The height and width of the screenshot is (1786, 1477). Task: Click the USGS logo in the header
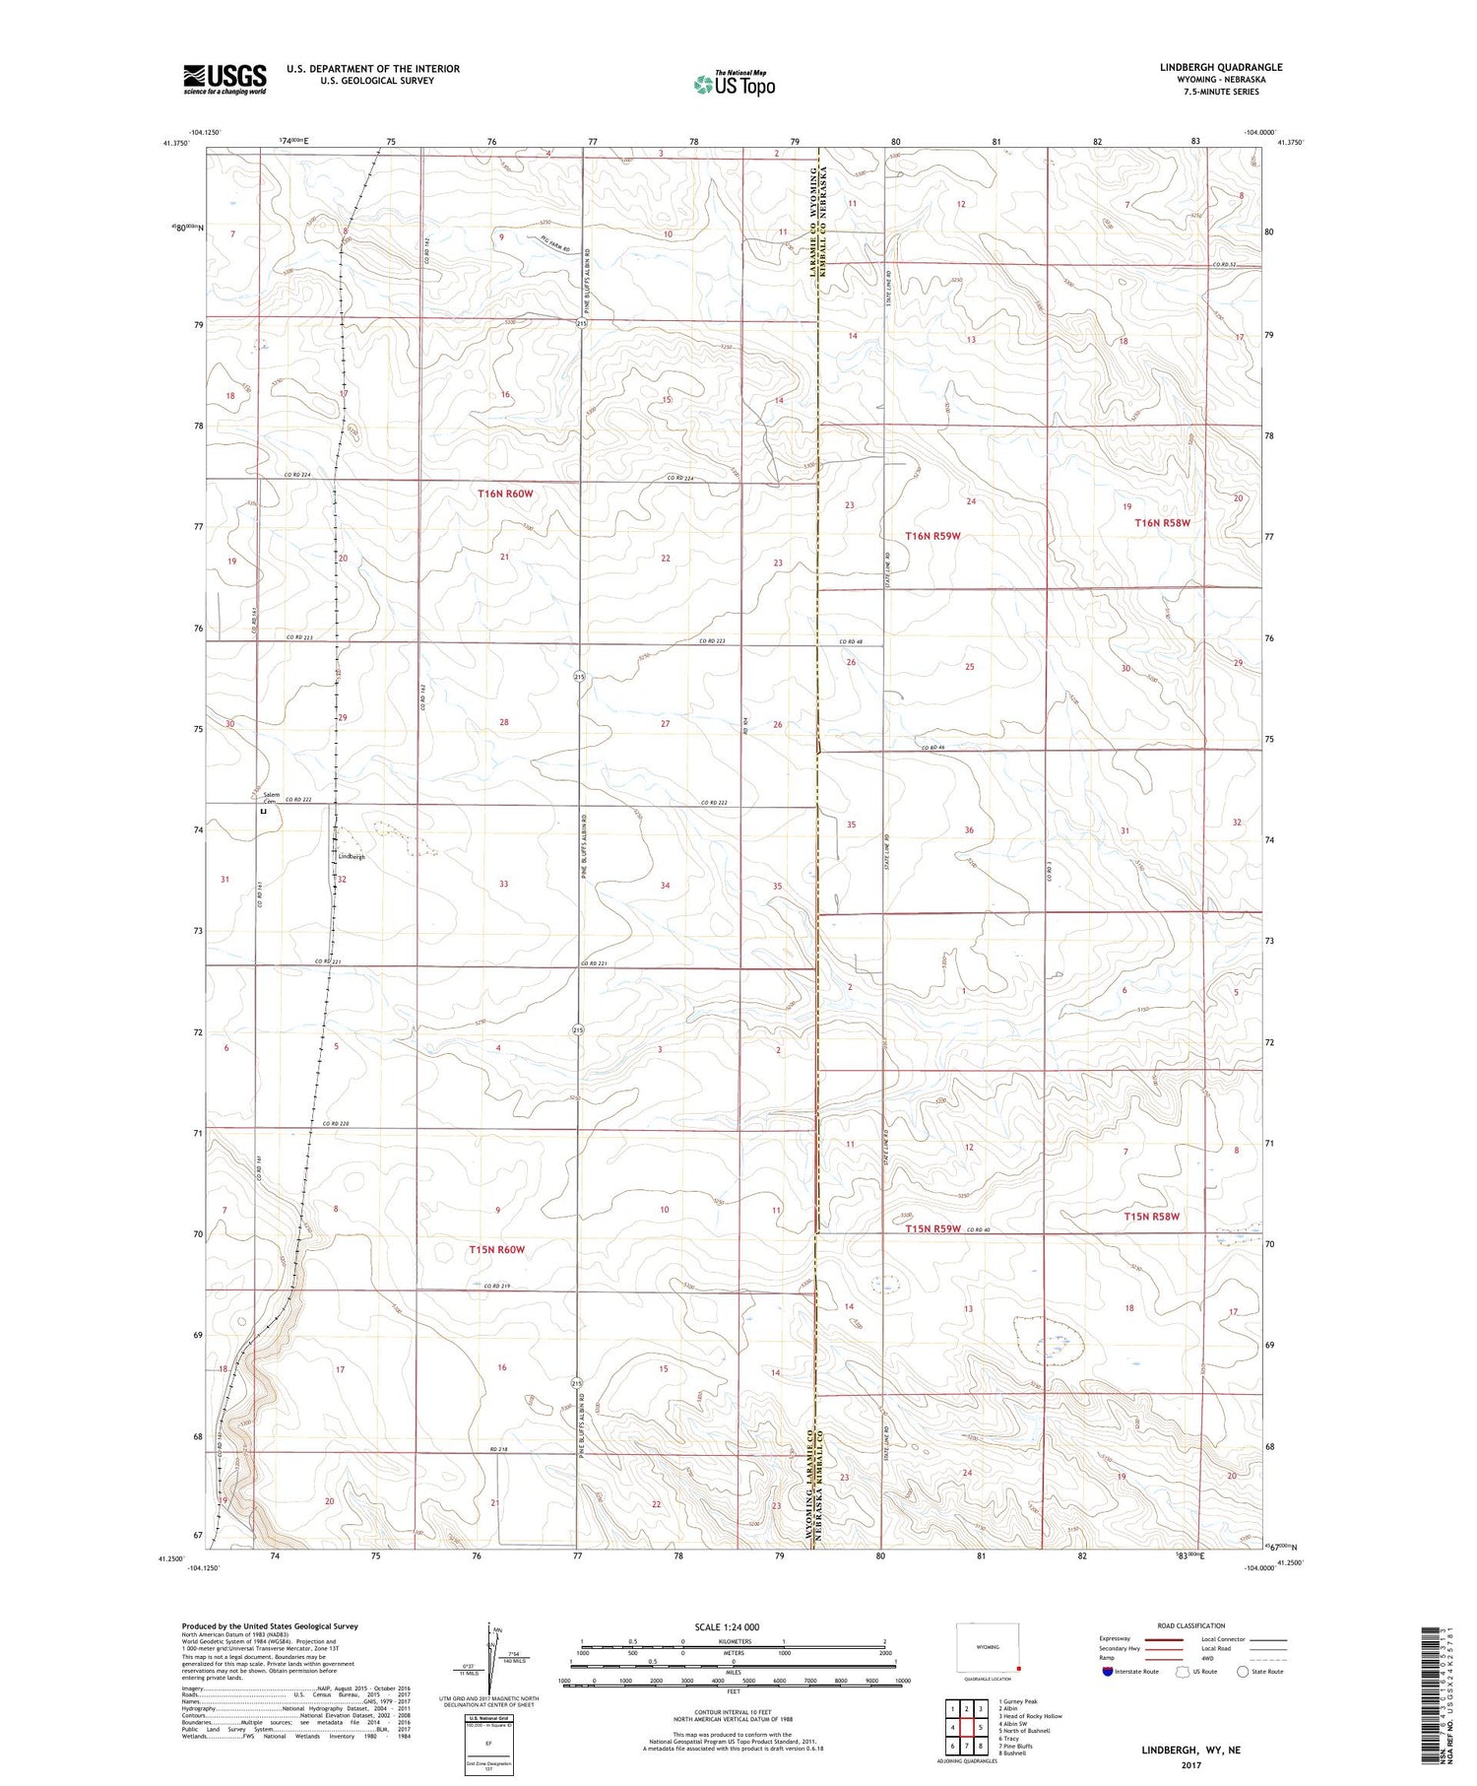(225, 79)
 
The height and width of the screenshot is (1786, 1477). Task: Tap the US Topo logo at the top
(735, 85)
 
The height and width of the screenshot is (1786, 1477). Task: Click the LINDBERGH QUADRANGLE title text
(1220, 68)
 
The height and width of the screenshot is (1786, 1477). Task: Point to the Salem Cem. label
(271, 798)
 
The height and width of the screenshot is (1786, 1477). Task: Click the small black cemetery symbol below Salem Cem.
(263, 813)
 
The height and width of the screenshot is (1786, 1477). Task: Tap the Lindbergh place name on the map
(352, 857)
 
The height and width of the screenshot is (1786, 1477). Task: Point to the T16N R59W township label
(931, 536)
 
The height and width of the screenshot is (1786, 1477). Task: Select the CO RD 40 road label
(977, 1229)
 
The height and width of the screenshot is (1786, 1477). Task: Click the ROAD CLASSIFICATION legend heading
(1190, 1625)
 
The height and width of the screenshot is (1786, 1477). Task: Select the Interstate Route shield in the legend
(1108, 1672)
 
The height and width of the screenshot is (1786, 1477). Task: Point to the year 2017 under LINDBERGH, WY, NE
(1190, 1765)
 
